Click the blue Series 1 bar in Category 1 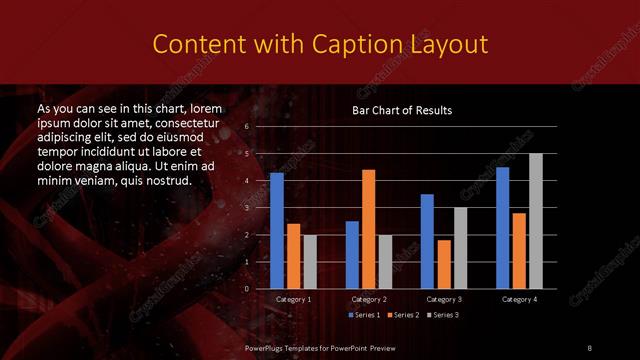coord(277,231)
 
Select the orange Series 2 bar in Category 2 coord(369,229)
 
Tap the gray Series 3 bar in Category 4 coord(536,221)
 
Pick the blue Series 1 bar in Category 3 coord(427,241)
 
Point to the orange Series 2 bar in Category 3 coord(444,264)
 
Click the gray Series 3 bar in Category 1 coord(310,262)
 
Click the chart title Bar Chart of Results coord(402,110)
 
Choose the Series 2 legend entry coord(402,315)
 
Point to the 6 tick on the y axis coord(246,127)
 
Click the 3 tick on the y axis coord(246,208)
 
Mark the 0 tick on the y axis coord(246,289)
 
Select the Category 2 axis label coord(369,299)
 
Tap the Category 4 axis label coord(519,299)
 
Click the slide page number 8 coord(589,346)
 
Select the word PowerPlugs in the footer coord(267,346)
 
